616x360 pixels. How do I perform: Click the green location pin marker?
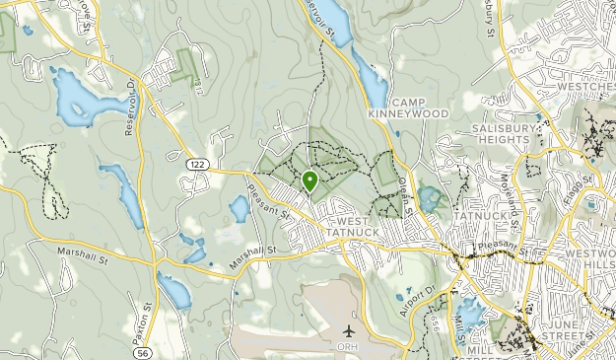pos(309,180)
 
